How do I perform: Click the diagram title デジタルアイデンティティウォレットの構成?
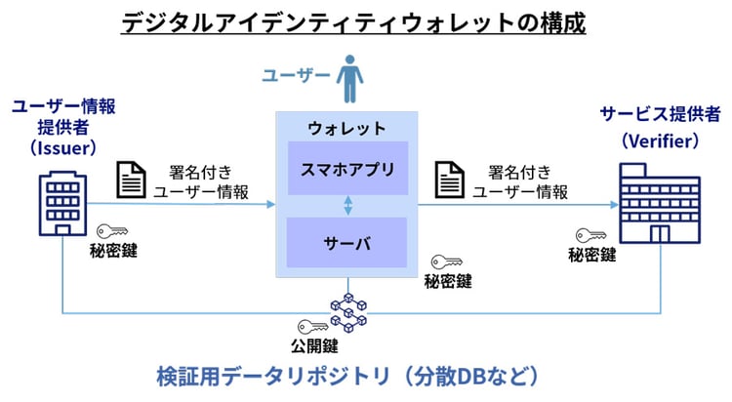353,21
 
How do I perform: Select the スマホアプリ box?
346,169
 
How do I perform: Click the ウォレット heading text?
346,129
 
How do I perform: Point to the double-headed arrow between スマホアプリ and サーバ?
347,206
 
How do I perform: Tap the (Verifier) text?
661,141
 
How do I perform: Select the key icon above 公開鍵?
312,328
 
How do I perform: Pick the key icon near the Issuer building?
113,231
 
